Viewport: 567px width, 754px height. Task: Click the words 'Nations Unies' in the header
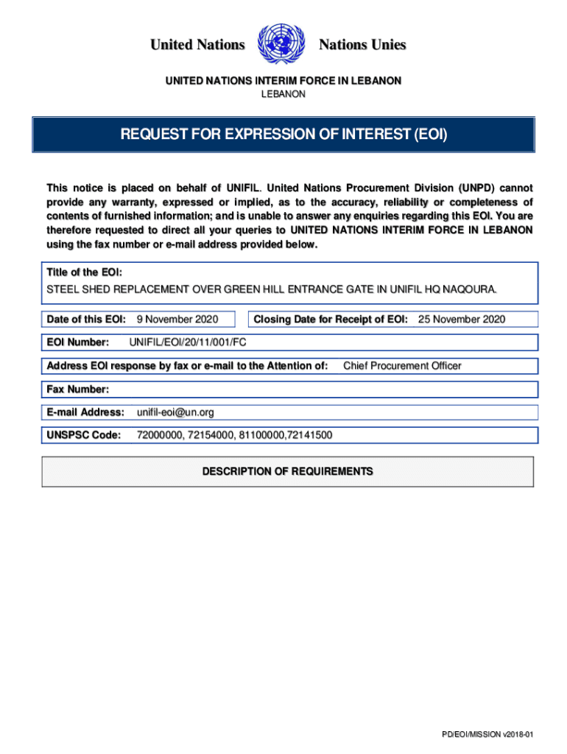tap(362, 45)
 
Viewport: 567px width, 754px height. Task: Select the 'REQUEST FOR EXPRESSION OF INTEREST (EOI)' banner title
tap(283, 135)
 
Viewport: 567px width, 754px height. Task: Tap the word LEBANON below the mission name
tap(283, 95)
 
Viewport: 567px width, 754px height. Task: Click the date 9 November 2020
tap(177, 319)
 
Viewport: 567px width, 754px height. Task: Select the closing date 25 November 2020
tap(462, 319)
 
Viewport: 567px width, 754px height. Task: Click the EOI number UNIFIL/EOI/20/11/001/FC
tap(188, 342)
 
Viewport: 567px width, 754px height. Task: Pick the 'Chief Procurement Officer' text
tap(402, 366)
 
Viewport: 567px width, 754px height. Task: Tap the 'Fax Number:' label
tap(78, 389)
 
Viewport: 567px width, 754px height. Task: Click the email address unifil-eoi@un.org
tap(176, 412)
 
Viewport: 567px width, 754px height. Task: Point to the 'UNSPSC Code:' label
tap(83, 435)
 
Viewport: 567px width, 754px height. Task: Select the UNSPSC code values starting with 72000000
tap(234, 435)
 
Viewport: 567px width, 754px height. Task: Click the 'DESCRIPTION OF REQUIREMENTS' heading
tap(287, 471)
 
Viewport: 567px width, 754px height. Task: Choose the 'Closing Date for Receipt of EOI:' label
tap(331, 319)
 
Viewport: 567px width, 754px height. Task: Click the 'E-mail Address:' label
tap(85, 412)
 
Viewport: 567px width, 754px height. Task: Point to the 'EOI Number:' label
tap(78, 342)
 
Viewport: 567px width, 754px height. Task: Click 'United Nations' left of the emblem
tap(197, 45)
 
